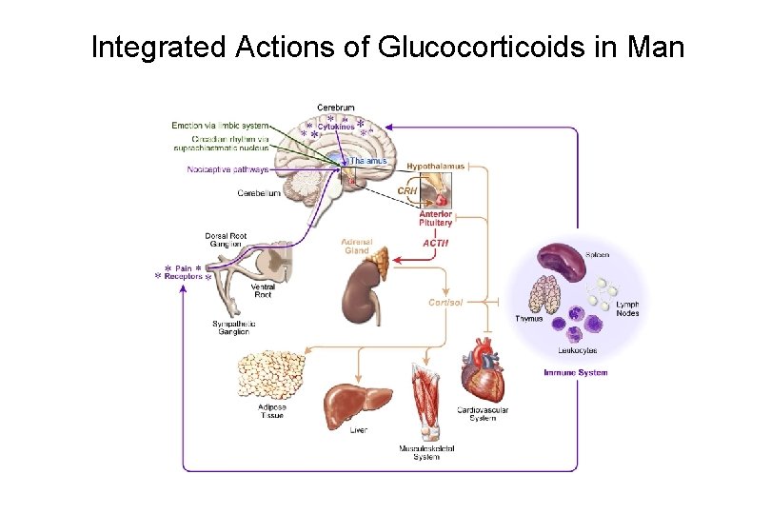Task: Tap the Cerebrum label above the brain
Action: (335, 108)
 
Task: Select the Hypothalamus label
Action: (436, 167)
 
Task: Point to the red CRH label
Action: (406, 191)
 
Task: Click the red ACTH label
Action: (435, 244)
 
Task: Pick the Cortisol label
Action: (445, 303)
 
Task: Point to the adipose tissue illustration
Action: (270, 374)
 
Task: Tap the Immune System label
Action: (575, 372)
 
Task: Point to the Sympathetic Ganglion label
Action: (231, 327)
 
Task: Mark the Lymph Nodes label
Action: (627, 308)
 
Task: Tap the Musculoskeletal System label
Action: (425, 451)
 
